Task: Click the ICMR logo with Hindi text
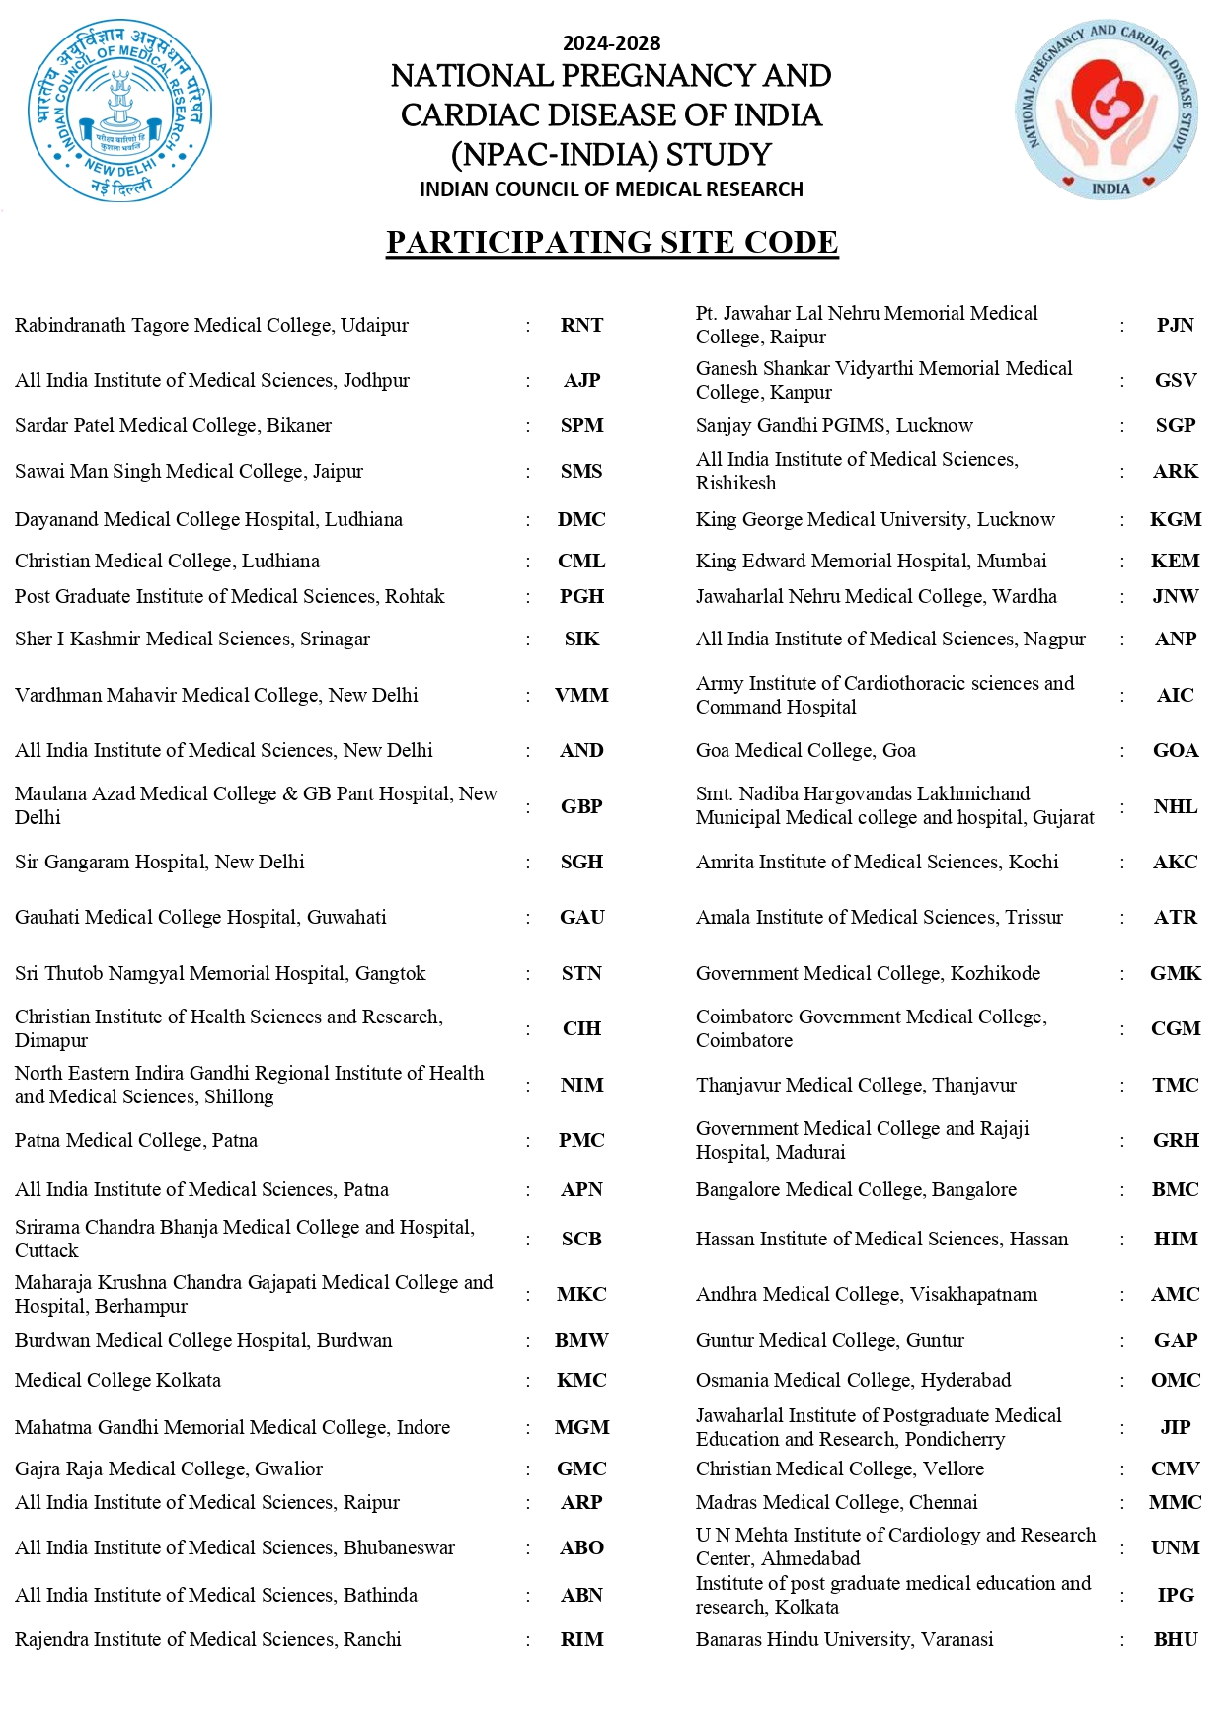pos(119,111)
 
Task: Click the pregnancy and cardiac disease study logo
pos(1108,111)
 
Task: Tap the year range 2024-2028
pos(611,43)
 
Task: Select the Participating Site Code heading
pos(612,242)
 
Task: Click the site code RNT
pos(581,326)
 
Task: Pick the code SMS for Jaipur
pos(581,472)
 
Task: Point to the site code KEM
pos(1175,562)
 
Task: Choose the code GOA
pos(1175,751)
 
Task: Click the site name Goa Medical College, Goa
pos(805,751)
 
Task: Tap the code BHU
pos(1175,1640)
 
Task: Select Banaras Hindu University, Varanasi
pos(844,1640)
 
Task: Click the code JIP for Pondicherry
pos(1175,1428)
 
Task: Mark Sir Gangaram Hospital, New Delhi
pos(160,863)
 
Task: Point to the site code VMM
pos(581,696)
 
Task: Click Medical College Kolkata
pos(117,1381)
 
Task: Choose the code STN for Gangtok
pos(581,974)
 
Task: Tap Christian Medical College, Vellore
pos(839,1469)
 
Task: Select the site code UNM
pos(1175,1548)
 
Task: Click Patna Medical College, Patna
pos(136,1141)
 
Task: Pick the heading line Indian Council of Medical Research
pos(611,189)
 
